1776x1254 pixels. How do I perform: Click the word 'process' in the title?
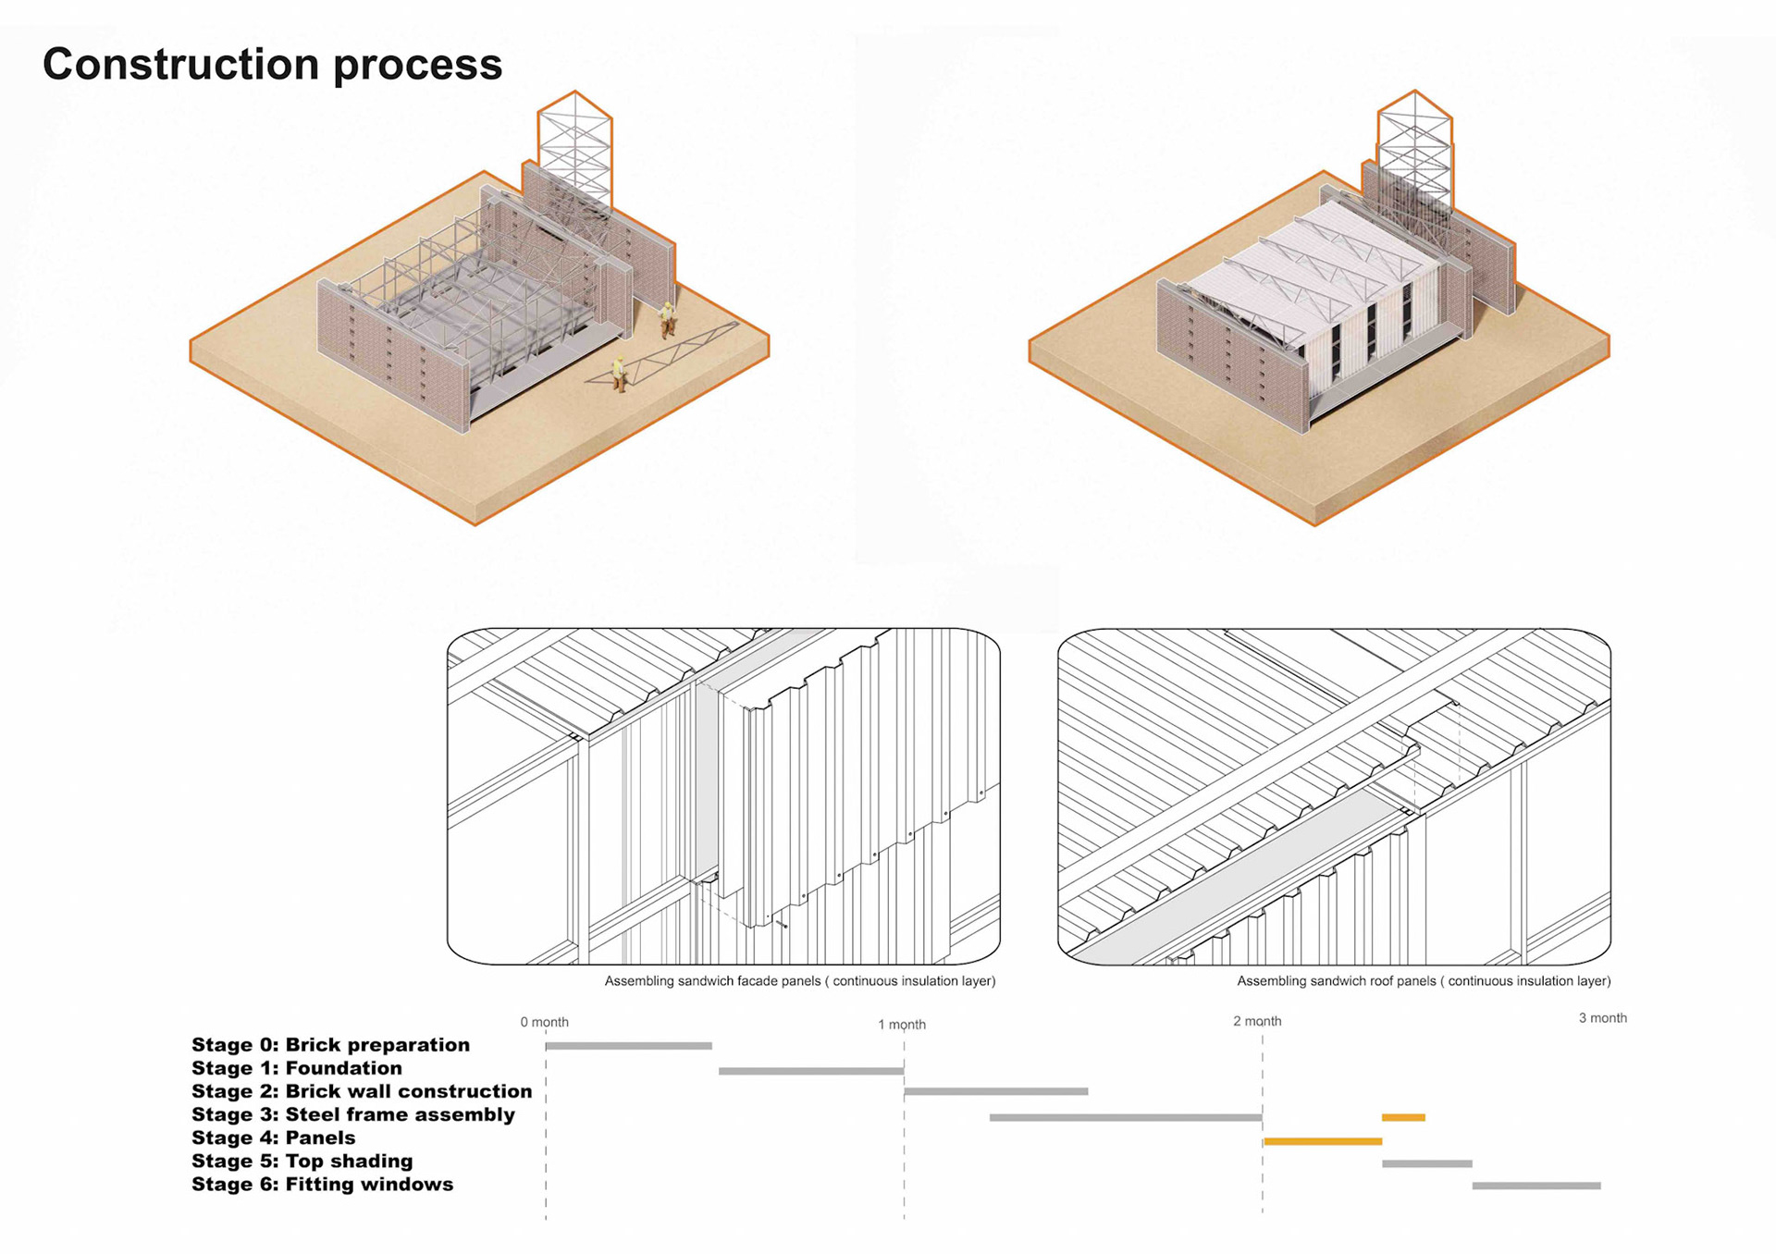[x=417, y=66]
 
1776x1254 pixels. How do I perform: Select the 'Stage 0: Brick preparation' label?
[x=330, y=1045]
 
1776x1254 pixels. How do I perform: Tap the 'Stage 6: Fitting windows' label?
[x=322, y=1185]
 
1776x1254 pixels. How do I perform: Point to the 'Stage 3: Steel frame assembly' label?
[x=352, y=1115]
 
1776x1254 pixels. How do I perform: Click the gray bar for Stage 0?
[x=628, y=1046]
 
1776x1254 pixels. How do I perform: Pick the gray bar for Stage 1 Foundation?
[x=810, y=1071]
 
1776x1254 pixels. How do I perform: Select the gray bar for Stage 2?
[x=995, y=1092]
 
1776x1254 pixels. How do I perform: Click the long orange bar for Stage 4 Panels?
[x=1322, y=1142]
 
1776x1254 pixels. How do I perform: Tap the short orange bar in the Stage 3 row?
[x=1403, y=1118]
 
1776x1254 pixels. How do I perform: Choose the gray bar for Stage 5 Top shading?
[x=1426, y=1163]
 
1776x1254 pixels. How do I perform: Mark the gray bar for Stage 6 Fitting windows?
[x=1535, y=1186]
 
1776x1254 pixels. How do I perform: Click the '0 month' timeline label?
[x=544, y=1023]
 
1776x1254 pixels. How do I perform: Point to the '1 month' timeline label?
[x=902, y=1025]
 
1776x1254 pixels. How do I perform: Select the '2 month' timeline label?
[x=1257, y=1022]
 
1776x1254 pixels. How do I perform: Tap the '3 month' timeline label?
[x=1602, y=1018]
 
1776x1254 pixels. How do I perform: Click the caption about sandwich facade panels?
[x=799, y=981]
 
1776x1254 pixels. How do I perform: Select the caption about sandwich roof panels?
[x=1424, y=981]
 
